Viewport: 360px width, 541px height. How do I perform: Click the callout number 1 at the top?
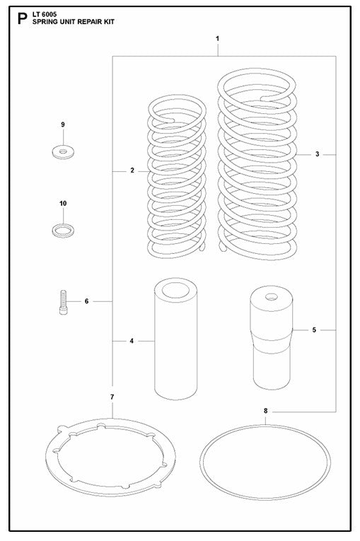[218, 37]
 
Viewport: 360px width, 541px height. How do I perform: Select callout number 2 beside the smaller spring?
[132, 171]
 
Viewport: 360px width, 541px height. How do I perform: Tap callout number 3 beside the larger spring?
[318, 153]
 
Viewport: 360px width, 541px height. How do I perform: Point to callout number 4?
[132, 342]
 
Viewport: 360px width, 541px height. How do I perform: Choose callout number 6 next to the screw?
[86, 301]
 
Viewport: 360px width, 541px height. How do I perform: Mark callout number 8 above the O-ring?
[265, 410]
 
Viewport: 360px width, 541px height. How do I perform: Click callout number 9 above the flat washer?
[63, 125]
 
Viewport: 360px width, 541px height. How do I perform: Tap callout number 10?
[63, 204]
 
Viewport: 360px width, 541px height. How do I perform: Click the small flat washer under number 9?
[63, 151]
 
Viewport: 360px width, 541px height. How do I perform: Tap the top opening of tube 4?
[177, 290]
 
